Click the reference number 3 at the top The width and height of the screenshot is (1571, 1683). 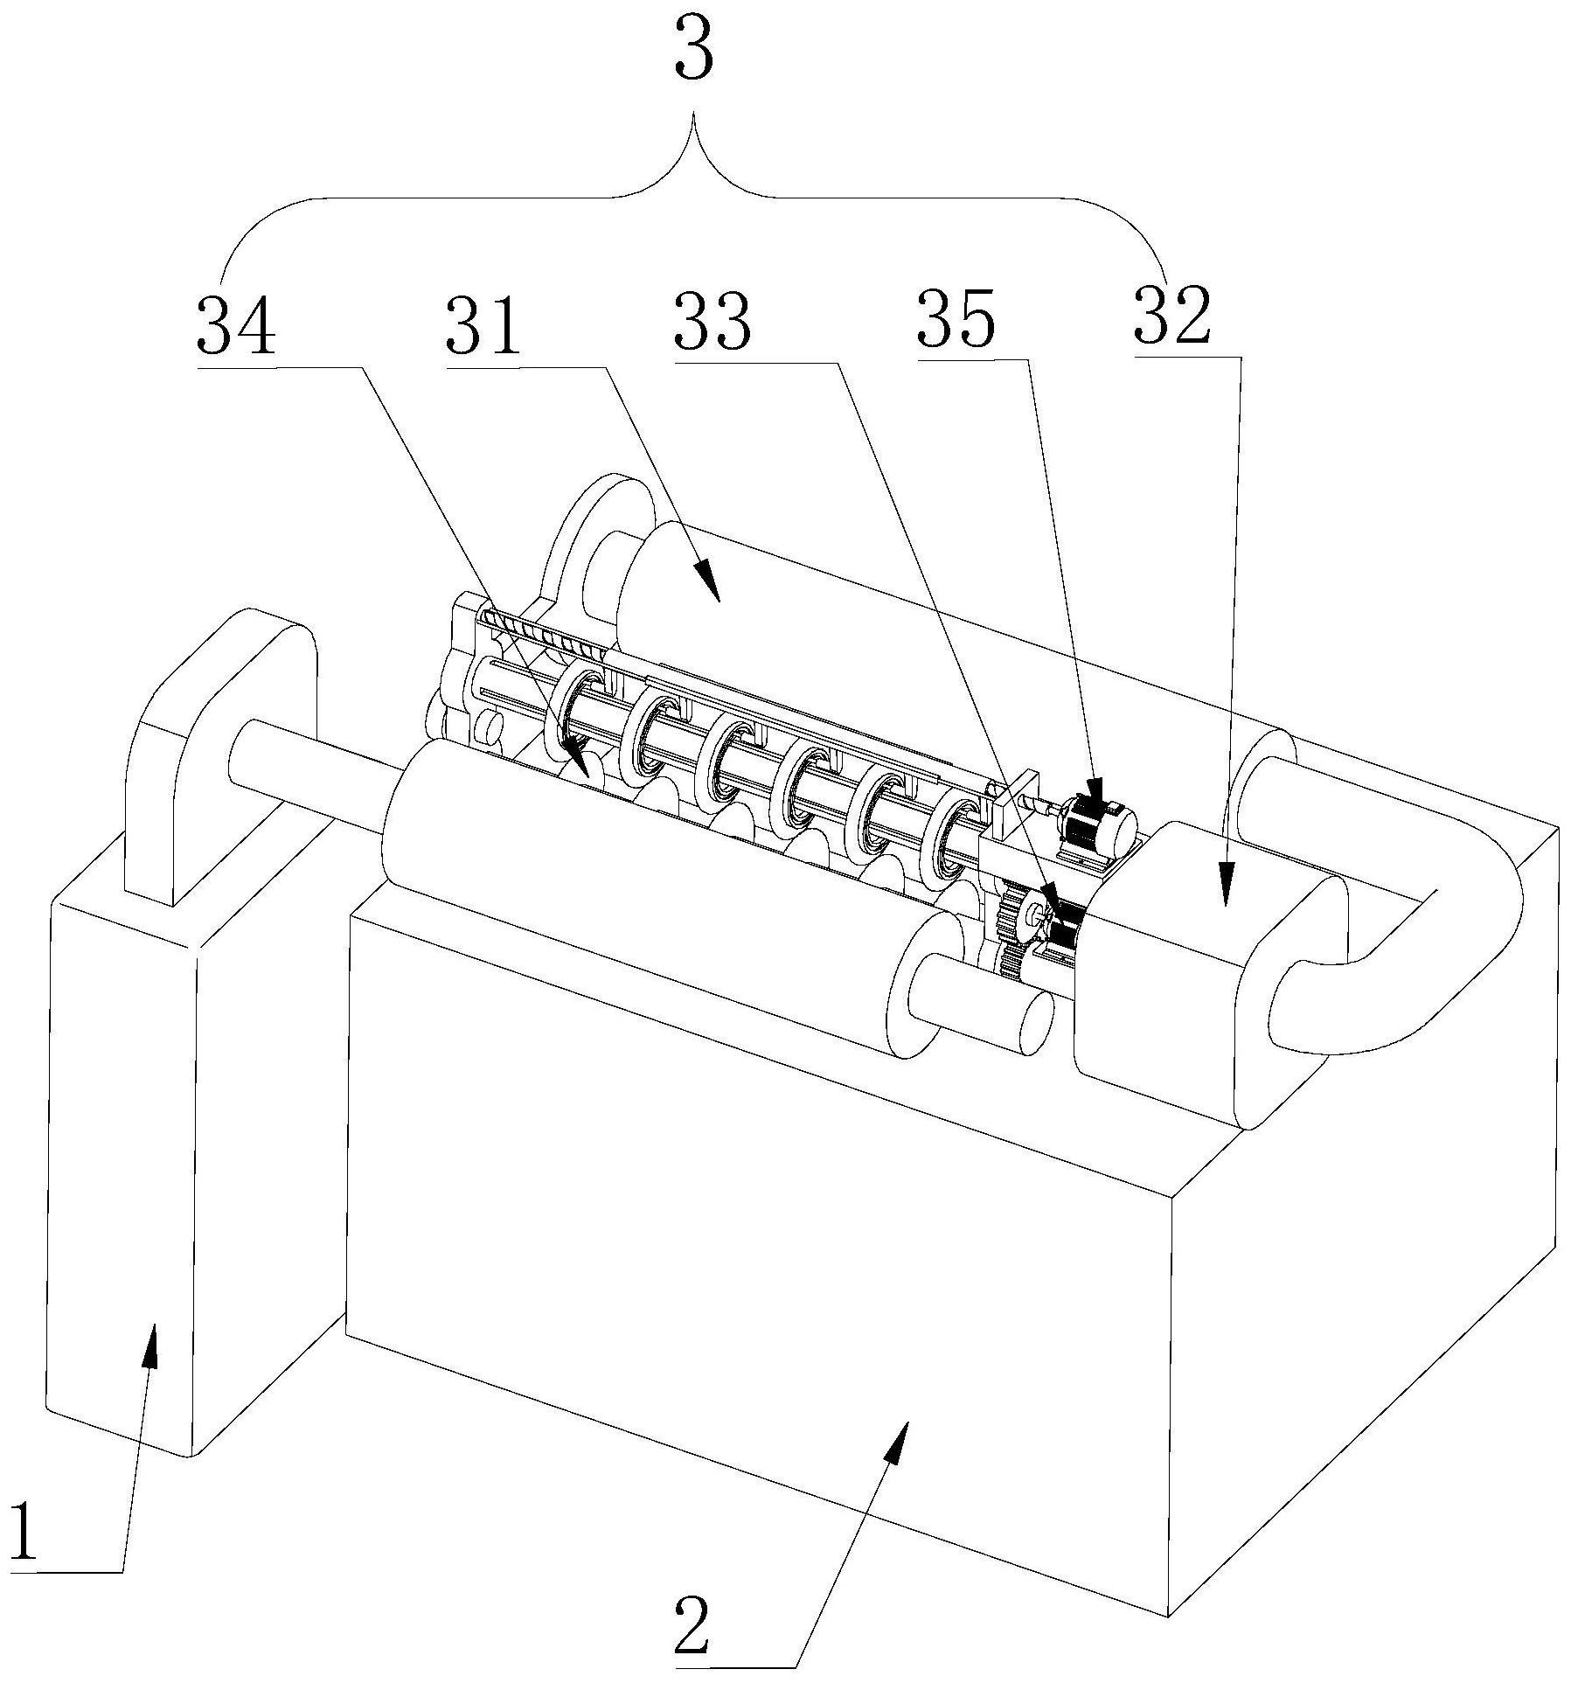click(694, 55)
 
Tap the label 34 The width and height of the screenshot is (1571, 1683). click(237, 325)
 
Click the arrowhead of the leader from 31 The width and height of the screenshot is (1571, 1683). click(709, 584)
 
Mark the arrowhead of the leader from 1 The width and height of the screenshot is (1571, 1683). click(151, 1347)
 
